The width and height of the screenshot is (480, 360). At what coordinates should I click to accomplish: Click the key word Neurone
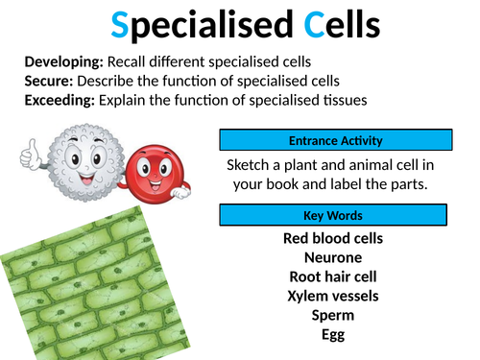pyautogui.click(x=333, y=256)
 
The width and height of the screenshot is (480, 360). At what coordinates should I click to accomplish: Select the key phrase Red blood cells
pyautogui.click(x=333, y=238)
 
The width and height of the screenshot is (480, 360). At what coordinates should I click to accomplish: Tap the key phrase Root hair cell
pyautogui.click(x=333, y=276)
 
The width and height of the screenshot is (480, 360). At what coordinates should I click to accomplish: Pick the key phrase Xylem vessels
pyautogui.click(x=333, y=295)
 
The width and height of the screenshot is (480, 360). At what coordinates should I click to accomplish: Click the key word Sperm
pyautogui.click(x=333, y=314)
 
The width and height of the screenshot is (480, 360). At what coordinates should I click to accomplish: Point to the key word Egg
pyautogui.click(x=333, y=333)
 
